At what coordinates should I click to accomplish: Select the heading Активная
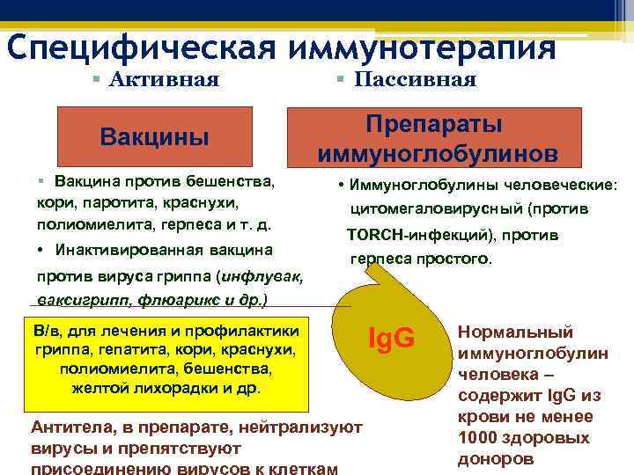(x=165, y=80)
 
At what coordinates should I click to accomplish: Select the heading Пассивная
(x=415, y=80)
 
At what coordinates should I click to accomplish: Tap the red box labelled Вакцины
(x=155, y=137)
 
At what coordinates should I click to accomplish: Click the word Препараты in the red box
(x=438, y=124)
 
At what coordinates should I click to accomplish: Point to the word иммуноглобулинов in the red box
(x=438, y=153)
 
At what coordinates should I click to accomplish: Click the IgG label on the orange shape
(x=390, y=336)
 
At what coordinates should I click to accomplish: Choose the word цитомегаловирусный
(x=426, y=209)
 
